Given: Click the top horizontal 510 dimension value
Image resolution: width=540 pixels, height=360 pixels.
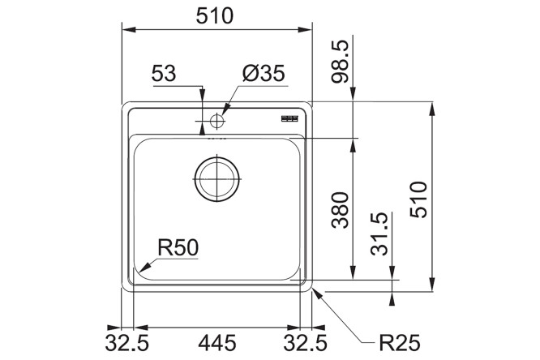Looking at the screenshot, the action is [x=215, y=16].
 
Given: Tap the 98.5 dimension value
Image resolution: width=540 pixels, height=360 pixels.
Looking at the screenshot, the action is [x=340, y=62].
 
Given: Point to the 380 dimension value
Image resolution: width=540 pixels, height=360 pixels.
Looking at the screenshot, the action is [x=340, y=210].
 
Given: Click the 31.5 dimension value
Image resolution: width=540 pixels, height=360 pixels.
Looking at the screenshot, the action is [x=379, y=234].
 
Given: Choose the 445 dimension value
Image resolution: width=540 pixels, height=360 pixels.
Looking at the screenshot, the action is [x=217, y=343].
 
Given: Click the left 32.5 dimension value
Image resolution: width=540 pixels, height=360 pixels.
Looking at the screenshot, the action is [x=126, y=343].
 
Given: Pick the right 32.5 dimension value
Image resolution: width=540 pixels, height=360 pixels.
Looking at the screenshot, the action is [x=305, y=343].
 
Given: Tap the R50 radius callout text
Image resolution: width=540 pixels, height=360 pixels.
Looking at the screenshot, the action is [x=178, y=247].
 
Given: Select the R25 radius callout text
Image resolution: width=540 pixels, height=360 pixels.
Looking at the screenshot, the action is [x=400, y=343].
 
